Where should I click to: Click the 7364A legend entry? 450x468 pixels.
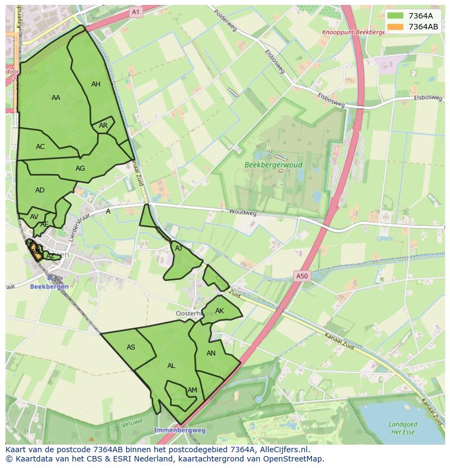pos(414,15)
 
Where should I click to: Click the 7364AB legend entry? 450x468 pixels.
pos(414,26)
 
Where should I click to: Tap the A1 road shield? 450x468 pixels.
pos(135,11)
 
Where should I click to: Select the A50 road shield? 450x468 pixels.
pos(302,276)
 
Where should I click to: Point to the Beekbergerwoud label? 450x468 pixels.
pos(273,165)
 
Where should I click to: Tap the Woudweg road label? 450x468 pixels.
pos(242,213)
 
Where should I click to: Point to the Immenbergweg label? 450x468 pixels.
pos(179,430)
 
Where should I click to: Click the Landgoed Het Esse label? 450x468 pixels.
pos(403,428)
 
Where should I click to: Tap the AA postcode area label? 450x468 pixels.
pos(56,98)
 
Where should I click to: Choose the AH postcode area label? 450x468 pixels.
pos(96,84)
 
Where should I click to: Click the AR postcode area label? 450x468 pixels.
pos(103,126)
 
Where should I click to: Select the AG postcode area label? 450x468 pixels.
pos(80,169)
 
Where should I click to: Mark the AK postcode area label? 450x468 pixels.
pos(219,311)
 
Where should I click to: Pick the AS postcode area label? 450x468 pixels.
pos(130,347)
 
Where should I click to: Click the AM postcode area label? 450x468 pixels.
pos(192,390)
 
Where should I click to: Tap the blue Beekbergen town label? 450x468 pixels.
pos(49,286)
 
